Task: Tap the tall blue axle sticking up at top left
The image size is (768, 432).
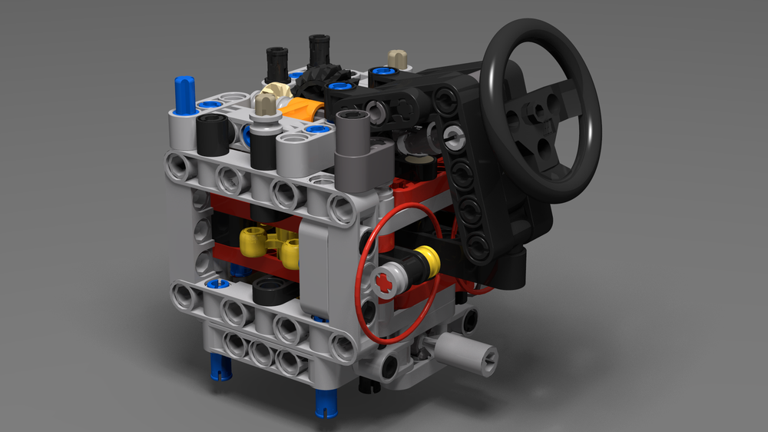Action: pyautogui.click(x=184, y=95)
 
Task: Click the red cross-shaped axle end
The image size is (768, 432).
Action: pyautogui.click(x=385, y=282)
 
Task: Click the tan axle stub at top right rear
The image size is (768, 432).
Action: pyautogui.click(x=397, y=58)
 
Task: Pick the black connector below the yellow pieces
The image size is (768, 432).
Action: pyautogui.click(x=273, y=291)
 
